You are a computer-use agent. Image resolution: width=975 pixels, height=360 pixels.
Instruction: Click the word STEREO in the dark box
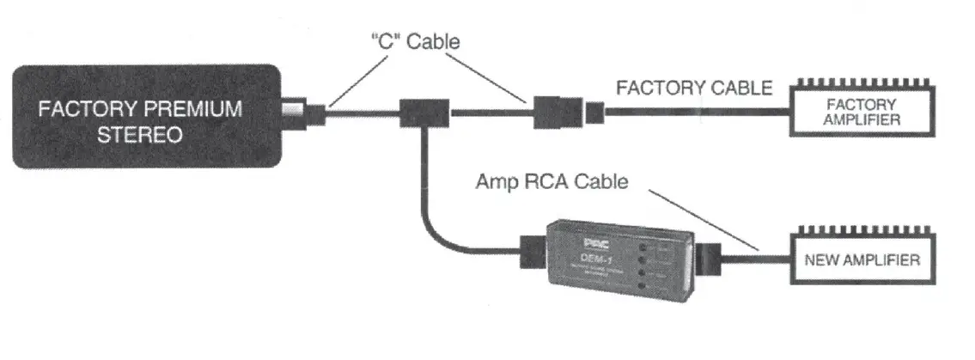[148, 135]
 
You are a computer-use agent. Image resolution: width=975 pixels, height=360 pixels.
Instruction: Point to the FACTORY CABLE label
[694, 88]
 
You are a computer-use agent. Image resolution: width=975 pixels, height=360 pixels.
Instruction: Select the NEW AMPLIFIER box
[862, 259]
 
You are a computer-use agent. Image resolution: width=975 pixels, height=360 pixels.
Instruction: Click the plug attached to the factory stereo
[314, 112]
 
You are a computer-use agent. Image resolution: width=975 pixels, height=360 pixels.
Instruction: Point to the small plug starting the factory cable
[595, 112]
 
